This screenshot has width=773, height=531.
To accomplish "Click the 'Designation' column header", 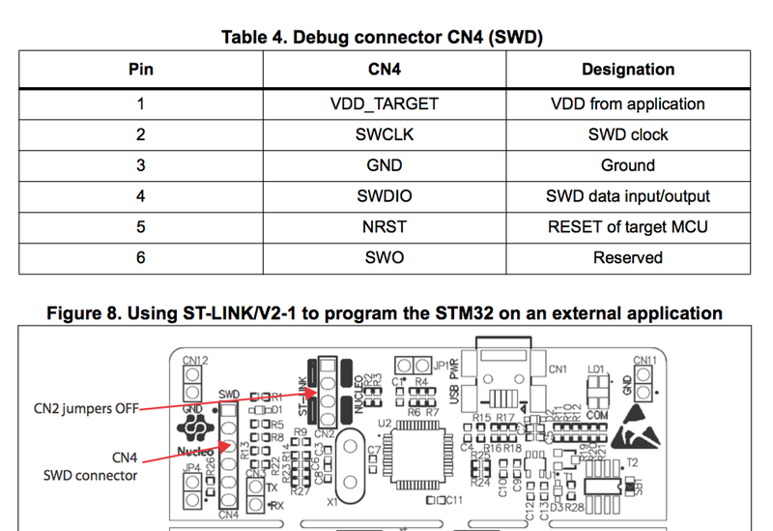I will pos(627,70).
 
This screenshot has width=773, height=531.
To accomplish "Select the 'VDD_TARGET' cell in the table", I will pos(385,103).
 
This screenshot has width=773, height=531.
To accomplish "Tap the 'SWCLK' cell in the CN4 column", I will pos(385,134).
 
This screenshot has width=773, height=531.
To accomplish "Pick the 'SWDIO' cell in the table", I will pos(385,196).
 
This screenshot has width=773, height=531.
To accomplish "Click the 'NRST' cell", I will pos(385,227).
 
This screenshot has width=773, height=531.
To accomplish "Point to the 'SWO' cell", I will pos(385,258).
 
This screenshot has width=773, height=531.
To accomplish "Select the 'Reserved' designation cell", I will pos(627,258).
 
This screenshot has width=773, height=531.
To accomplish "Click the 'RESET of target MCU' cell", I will pos(627,227).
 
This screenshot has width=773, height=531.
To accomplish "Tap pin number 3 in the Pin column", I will pos(141,165).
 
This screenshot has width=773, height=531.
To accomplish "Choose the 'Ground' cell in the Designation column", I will pos(627,165).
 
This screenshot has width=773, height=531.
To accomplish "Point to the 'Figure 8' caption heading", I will pos(386,313).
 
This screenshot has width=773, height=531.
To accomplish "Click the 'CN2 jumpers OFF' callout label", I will pos(84,408).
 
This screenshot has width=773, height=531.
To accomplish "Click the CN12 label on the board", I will pos(195,361).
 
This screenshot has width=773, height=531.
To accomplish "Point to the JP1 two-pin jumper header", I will pos(413,366).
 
